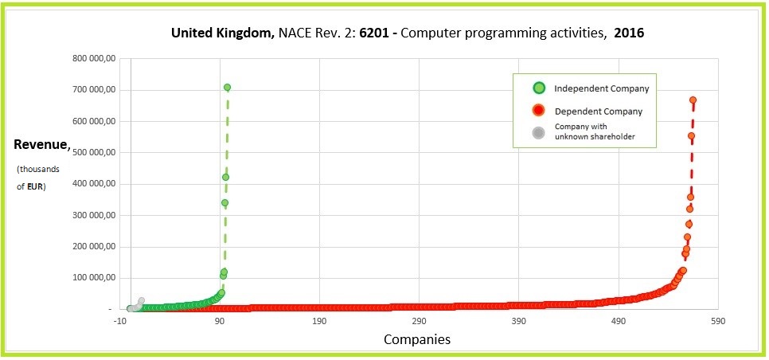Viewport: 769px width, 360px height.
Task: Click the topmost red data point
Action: pyautogui.click(x=693, y=100)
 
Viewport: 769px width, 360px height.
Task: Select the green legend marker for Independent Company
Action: pyautogui.click(x=539, y=88)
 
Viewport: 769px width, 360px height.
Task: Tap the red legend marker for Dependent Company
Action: pyautogui.click(x=539, y=111)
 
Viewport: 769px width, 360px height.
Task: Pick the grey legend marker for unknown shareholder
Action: pyautogui.click(x=539, y=132)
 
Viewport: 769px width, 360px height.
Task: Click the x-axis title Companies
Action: pyautogui.click(x=417, y=339)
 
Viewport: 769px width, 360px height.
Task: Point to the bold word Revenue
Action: pyautogui.click(x=41, y=145)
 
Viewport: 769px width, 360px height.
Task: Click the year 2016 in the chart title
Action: pyautogui.click(x=629, y=34)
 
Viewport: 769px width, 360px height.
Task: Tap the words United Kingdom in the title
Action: pyautogui.click(x=223, y=34)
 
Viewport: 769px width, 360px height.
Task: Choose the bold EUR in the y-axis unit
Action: pyautogui.click(x=35, y=187)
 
